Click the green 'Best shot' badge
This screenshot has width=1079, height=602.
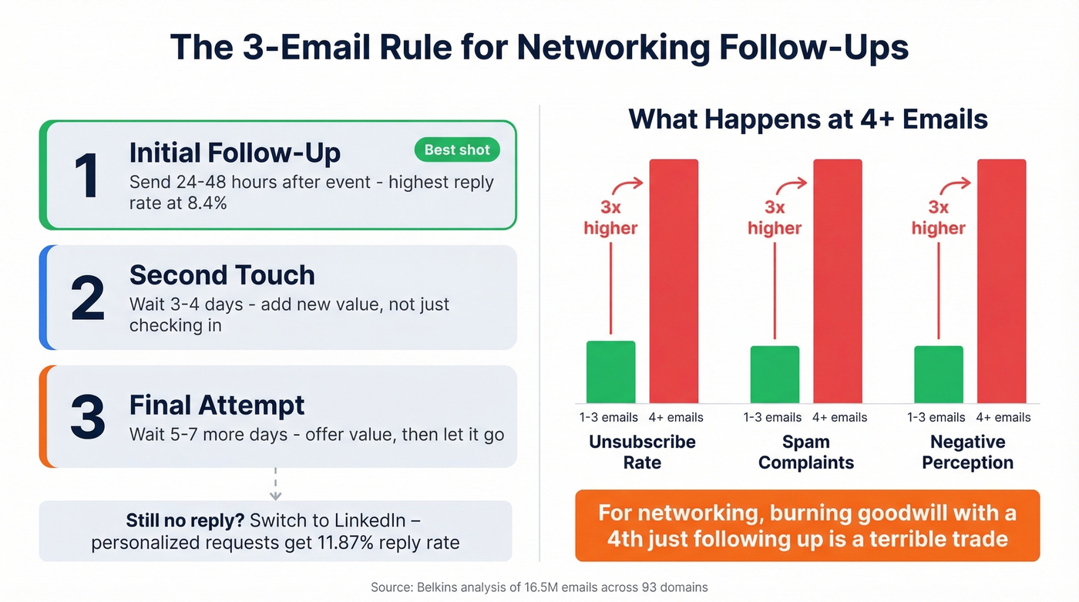click(457, 150)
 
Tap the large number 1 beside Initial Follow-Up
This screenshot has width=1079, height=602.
click(87, 176)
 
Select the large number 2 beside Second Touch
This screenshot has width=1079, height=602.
click(87, 298)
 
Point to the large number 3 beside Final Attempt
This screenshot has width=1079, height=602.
click(87, 417)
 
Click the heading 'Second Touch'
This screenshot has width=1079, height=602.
click(222, 275)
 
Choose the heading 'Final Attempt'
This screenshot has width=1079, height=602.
click(217, 405)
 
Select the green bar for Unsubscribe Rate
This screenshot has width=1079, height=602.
click(610, 372)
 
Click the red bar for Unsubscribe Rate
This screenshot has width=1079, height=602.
click(674, 281)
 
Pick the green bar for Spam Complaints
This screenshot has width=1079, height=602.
click(775, 374)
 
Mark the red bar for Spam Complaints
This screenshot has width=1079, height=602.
click(838, 281)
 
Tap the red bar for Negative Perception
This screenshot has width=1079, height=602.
click(1001, 281)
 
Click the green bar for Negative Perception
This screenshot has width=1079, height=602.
click(938, 374)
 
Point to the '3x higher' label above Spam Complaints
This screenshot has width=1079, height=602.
click(775, 218)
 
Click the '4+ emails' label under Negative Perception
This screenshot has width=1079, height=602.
click(1003, 417)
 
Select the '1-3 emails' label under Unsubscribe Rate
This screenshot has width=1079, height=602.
click(609, 417)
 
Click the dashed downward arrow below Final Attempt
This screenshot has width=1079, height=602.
click(276, 485)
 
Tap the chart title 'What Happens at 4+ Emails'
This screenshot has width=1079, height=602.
click(808, 119)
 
